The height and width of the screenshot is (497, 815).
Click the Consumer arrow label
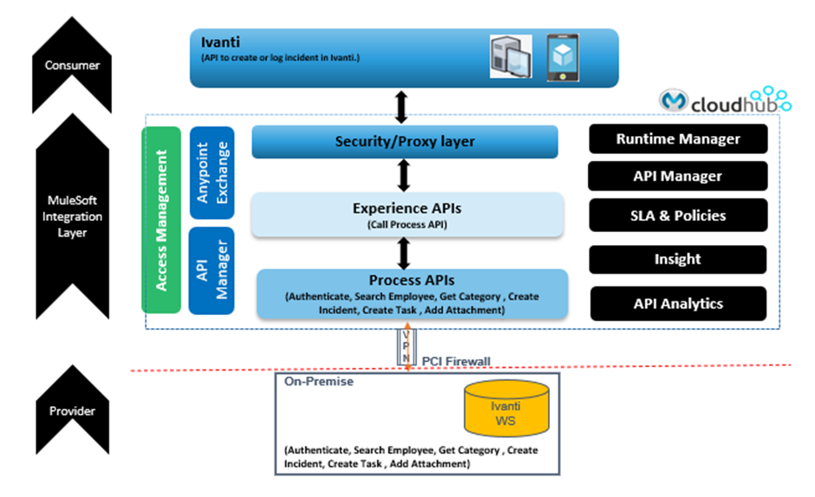point(73,65)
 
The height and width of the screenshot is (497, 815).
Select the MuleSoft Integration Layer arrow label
point(74,216)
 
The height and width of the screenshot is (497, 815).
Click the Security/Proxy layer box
point(405,142)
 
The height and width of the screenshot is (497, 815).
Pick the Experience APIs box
point(407,215)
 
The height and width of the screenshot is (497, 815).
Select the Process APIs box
point(412,294)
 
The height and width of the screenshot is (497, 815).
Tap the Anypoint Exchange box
point(212,173)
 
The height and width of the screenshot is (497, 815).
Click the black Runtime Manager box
point(678,139)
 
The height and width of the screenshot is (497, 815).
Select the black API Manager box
point(677,176)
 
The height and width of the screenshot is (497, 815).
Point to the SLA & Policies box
point(677,216)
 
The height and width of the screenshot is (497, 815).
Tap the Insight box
point(677,259)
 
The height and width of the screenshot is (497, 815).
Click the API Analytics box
point(677,303)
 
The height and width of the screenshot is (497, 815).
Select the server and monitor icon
point(511,57)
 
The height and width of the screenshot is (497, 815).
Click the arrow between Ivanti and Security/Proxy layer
point(400,106)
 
